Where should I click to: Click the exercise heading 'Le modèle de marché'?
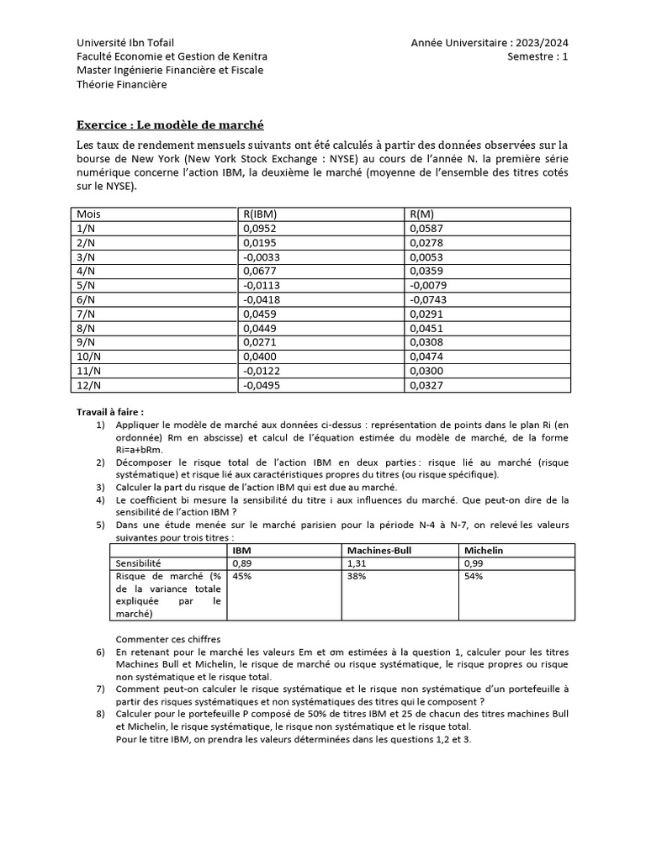pyautogui.click(x=170, y=124)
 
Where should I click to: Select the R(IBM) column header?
pyautogui.click(x=260, y=214)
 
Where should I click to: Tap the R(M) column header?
pyautogui.click(x=422, y=214)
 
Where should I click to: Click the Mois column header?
pyautogui.click(x=88, y=214)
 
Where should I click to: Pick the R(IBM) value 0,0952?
pyautogui.click(x=259, y=229)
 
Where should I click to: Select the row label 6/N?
pyautogui.click(x=87, y=299)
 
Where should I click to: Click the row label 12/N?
pyautogui.click(x=89, y=385)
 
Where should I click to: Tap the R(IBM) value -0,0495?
pyautogui.click(x=261, y=385)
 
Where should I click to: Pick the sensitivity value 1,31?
pyautogui.click(x=357, y=563)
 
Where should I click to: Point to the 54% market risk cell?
pyautogui.click(x=472, y=577)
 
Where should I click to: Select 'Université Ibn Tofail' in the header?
pyautogui.click(x=126, y=43)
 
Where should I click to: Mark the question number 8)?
pyautogui.click(x=99, y=715)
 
